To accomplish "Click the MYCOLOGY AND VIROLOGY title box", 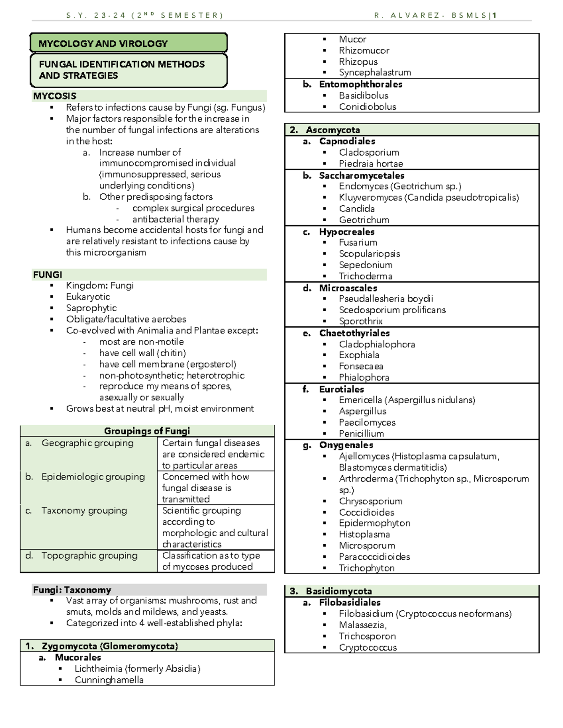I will coord(128,44).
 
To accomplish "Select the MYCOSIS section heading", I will coord(54,96).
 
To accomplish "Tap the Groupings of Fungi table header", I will coord(147,431).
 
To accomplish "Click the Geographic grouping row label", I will coord(87,443).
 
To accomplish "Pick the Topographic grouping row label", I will coord(89,555).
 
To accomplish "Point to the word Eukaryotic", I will coord(88,297).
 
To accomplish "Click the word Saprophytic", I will coord(91,308).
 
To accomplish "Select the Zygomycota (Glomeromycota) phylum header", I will coord(109,646).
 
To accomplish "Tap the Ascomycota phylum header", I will coord(333,130).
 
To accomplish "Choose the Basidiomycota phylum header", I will coord(338,591).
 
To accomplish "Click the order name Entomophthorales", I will coord(360,84).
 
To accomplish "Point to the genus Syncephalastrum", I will coord(375,73).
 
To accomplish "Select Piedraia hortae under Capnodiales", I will coord(371,164).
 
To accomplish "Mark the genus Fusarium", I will coord(358,242).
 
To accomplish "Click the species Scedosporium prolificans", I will coord(392,310).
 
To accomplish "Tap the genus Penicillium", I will coord(361,434).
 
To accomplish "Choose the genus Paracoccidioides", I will coord(374,557).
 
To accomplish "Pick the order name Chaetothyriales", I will coord(354,333).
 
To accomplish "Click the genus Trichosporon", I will coord(367,636).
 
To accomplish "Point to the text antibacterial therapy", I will coord(175,219).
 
